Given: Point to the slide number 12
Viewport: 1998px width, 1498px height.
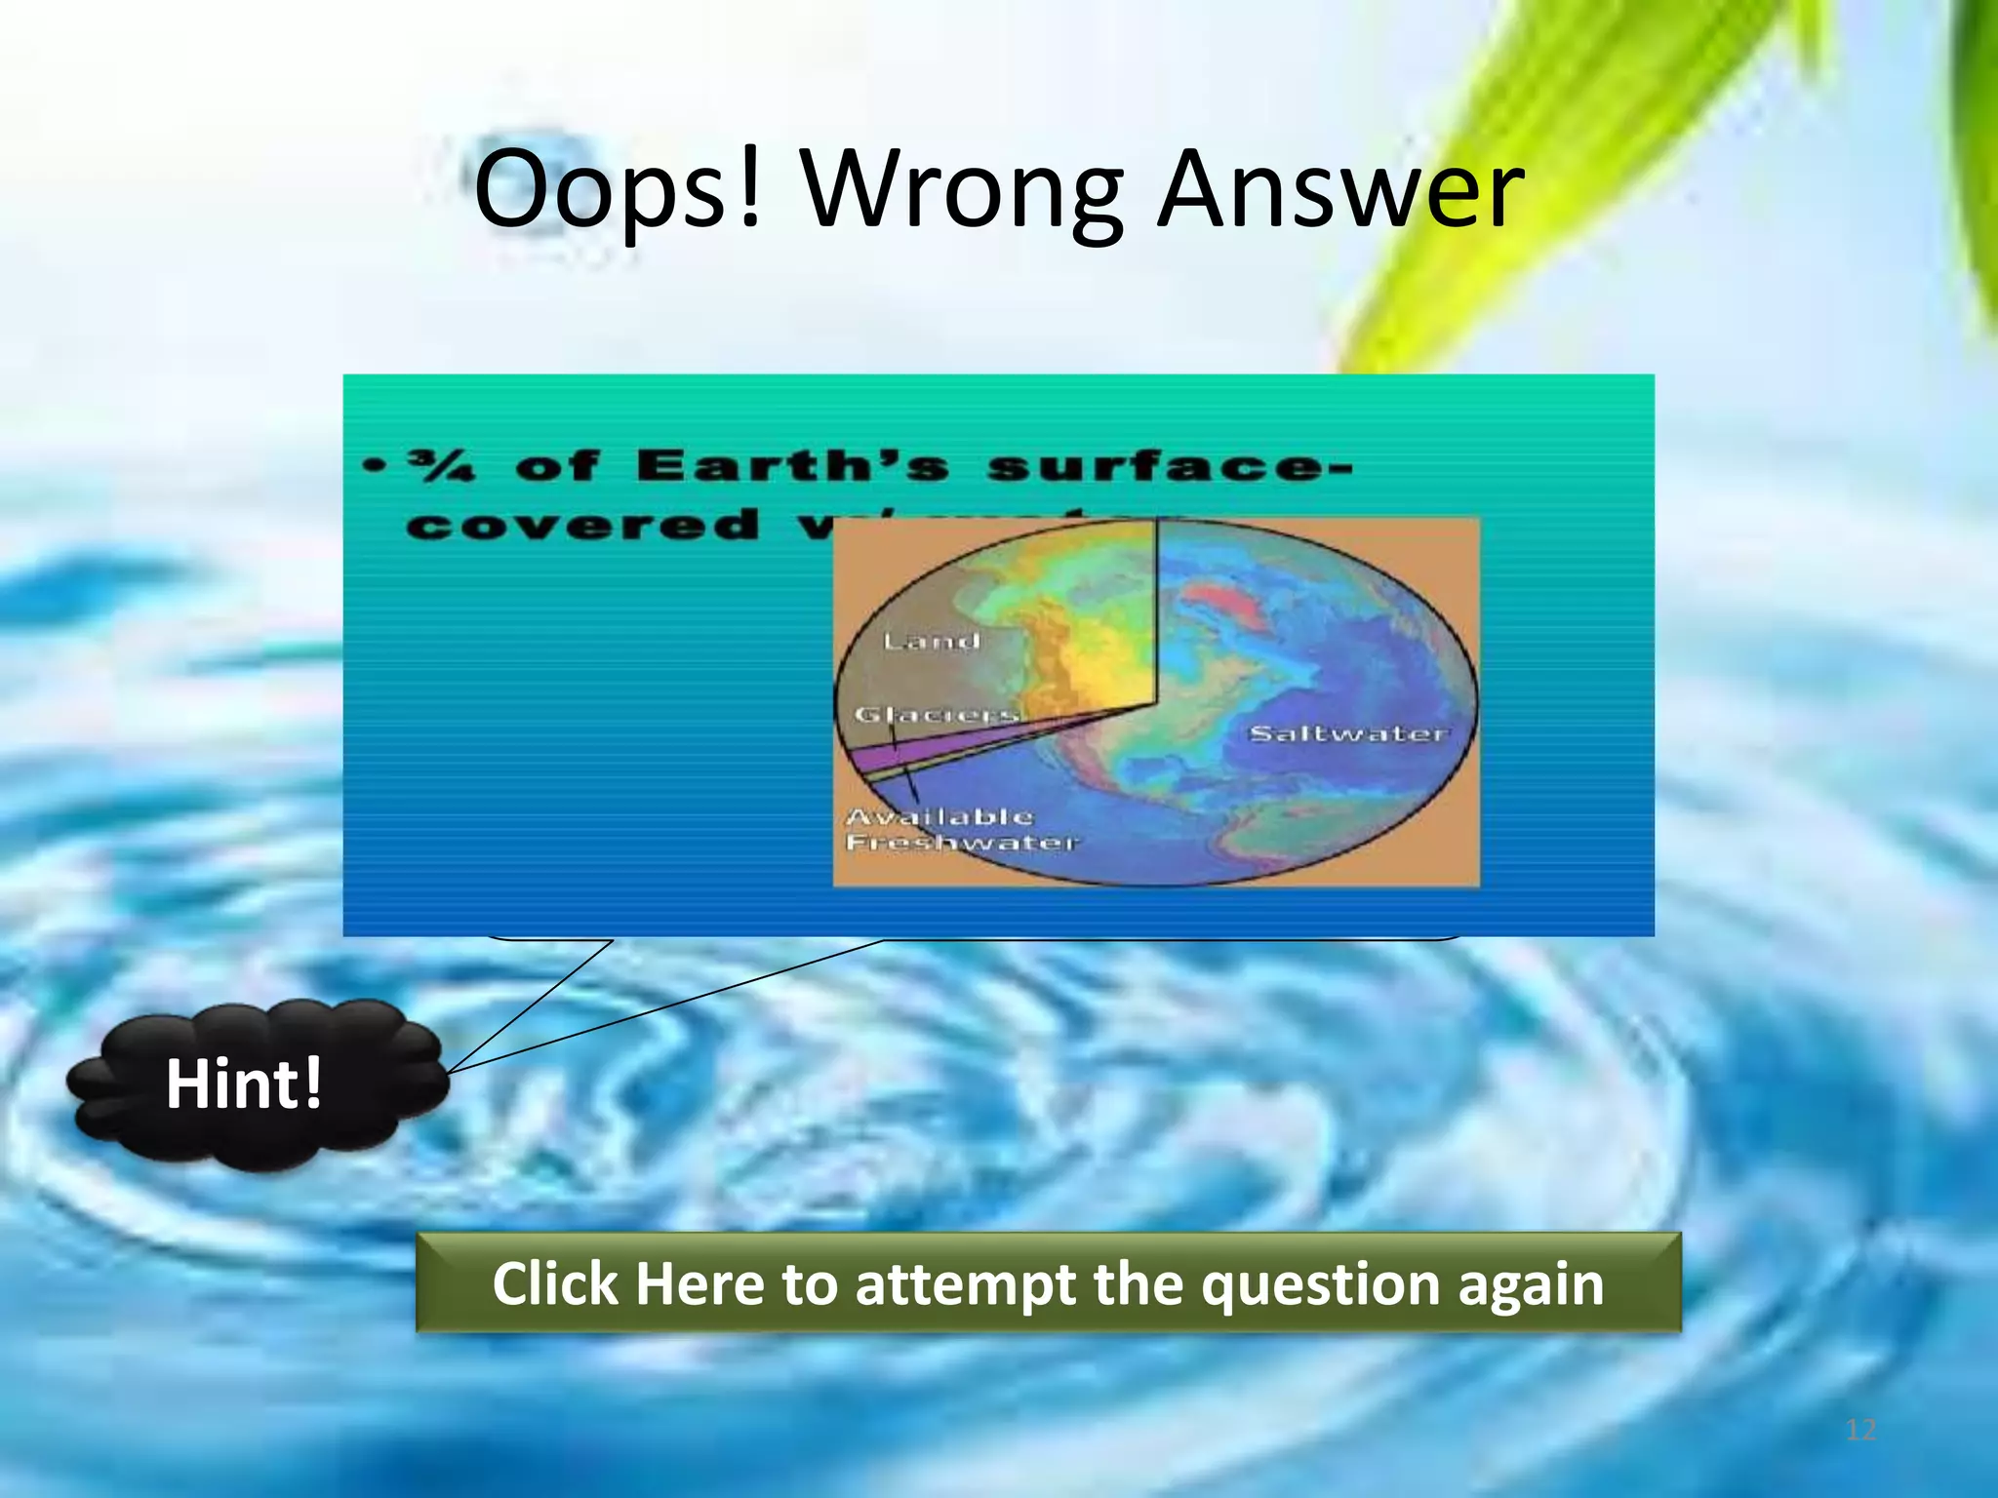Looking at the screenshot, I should pos(1860,1430).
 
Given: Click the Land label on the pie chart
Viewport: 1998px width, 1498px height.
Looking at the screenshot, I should pos(931,641).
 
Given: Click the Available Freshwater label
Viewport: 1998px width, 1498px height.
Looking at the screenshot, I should pos(961,829).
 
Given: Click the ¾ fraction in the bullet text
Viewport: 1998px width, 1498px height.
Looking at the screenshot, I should pos(442,467).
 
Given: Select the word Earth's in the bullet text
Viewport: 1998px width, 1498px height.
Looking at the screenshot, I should pos(792,466).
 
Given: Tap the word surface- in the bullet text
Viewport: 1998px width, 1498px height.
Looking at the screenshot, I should pos(1169,467).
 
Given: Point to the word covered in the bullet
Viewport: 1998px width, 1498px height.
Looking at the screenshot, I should pos(583,526).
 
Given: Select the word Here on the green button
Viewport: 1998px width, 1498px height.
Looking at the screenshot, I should pos(699,1283).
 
